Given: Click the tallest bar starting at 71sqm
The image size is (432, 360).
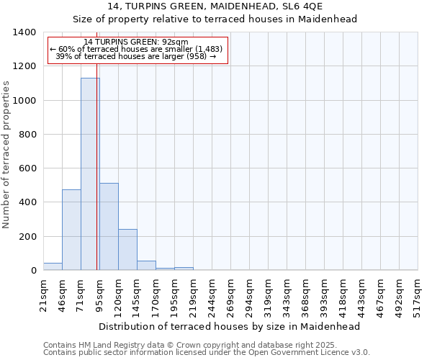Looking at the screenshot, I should point(90,174).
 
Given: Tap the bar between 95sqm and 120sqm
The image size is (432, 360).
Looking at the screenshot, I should point(109,227).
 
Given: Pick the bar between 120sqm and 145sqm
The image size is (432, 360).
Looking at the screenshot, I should point(127,250).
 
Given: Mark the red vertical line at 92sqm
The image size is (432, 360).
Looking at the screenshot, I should point(97,180).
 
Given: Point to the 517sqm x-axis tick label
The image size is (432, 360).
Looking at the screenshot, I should point(418,294).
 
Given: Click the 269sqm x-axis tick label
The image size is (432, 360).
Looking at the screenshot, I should point(230,294).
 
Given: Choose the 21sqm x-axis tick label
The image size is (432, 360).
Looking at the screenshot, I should point(43,294).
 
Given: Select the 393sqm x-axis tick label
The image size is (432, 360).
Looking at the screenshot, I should point(324,294).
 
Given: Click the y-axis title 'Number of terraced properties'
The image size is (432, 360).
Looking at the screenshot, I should point(6,155).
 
